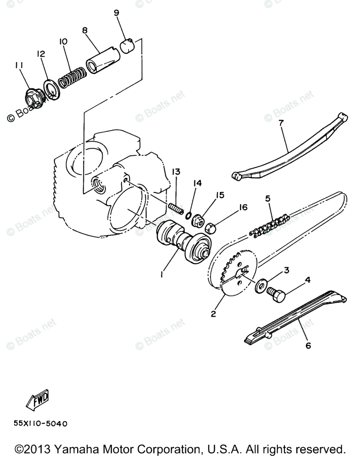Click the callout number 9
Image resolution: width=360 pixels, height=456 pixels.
coord(116,13)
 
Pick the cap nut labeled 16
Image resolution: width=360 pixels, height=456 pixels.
coord(211,228)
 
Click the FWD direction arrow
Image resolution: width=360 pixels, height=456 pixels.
coord(36,399)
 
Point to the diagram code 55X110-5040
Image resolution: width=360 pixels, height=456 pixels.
coord(40,423)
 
